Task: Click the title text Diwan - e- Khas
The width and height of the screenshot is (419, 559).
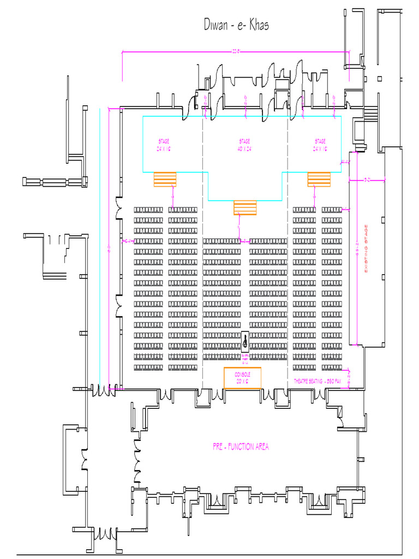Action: [x=236, y=25]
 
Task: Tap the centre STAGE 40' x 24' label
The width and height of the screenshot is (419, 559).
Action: [x=244, y=145]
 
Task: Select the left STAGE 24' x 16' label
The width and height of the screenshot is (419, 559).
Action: [x=164, y=145]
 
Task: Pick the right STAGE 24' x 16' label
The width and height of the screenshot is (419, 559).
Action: [x=320, y=145]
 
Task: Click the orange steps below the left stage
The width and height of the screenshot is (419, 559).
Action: [x=165, y=179]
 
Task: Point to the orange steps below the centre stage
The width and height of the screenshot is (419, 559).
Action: [x=245, y=208]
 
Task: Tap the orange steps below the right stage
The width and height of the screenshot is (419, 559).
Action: [x=319, y=179]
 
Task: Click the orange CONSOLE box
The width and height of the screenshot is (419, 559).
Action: [x=243, y=378]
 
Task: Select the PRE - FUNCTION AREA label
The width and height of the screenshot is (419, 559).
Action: [x=241, y=447]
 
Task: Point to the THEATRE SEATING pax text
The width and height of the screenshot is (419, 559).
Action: [x=318, y=380]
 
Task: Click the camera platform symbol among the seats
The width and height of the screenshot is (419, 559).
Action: [x=245, y=342]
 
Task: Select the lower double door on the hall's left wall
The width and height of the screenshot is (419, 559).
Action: [x=118, y=306]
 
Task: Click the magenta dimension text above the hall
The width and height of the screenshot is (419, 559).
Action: [x=236, y=52]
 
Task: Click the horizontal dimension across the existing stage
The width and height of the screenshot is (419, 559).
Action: [x=367, y=179]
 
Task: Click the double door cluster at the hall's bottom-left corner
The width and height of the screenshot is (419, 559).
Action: [x=104, y=390]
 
